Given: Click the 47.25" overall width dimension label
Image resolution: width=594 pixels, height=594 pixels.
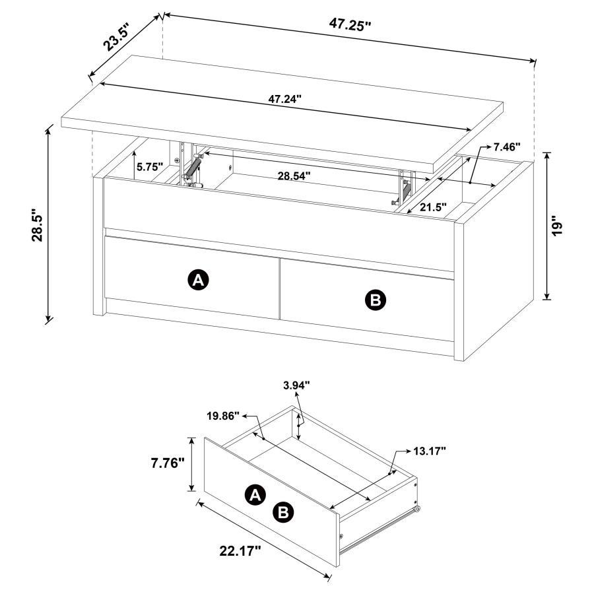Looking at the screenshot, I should point(350,24).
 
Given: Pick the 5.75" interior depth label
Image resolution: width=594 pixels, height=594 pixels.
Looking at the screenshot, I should point(150,168).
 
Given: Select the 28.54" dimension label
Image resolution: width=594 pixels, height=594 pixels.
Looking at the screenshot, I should point(294,176).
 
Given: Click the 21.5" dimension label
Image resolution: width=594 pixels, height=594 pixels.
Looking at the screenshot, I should point(432,207).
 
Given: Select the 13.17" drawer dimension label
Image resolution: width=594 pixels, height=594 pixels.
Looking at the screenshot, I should point(429,451).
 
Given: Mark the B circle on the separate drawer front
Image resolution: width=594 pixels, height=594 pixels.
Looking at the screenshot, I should point(284,511).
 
